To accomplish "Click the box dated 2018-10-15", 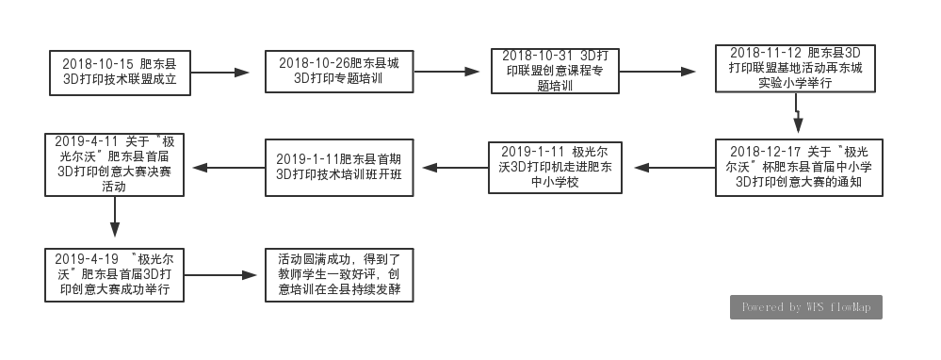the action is point(120,73).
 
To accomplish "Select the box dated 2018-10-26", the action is point(340,72).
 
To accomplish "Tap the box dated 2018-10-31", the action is point(555,72).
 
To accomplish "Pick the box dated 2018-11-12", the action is point(795,69).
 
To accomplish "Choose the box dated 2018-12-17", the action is point(799,168).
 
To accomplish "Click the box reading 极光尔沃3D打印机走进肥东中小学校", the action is point(555,168).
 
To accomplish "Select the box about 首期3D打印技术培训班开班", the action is point(340,168).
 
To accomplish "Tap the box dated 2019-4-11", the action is point(114,164).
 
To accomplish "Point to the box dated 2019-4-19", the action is point(114,275).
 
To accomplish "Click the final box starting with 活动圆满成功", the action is point(340,275).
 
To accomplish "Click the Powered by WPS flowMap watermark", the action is point(806,307).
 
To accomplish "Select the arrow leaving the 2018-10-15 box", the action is point(219,73).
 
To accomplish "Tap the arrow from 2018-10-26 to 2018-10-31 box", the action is point(446,72).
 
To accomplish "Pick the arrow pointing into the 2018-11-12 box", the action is point(657,72).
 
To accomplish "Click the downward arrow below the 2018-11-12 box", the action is point(798,113).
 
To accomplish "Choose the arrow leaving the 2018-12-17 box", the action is point(674,168).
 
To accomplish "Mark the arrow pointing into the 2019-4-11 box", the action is point(229,168).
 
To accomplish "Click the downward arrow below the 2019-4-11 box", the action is point(115,217).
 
